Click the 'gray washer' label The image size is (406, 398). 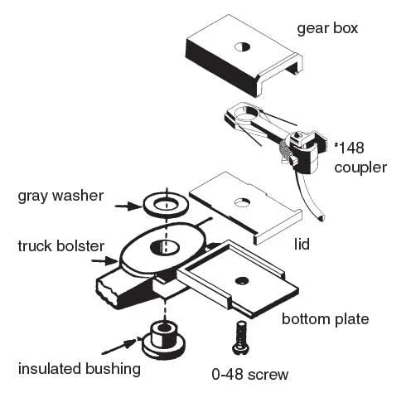pyautogui.click(x=71, y=197)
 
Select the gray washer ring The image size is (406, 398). pyautogui.click(x=165, y=203)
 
